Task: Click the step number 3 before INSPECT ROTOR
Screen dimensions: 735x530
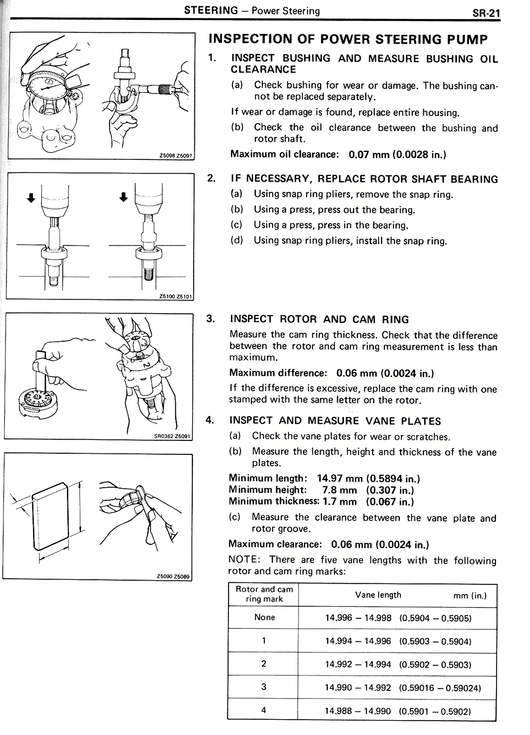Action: (211, 319)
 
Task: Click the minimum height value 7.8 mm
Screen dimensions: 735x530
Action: (340, 490)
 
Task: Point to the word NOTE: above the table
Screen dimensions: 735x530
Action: (244, 560)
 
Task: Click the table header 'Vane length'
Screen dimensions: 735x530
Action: (378, 595)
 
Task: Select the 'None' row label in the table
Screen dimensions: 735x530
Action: (265, 617)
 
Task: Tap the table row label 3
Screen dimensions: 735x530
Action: (264, 687)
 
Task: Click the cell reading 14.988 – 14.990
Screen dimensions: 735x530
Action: (358, 711)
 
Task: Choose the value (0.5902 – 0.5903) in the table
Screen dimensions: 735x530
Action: (435, 665)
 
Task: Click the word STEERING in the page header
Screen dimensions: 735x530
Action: (211, 10)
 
